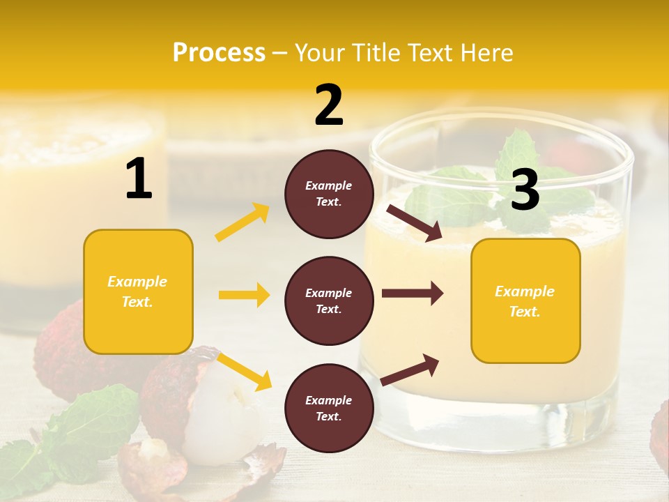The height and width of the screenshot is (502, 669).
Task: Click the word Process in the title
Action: tap(219, 52)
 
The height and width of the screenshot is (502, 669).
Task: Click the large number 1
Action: tap(139, 179)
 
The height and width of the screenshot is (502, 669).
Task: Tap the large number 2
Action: tap(329, 105)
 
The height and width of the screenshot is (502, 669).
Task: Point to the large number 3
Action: tap(525, 190)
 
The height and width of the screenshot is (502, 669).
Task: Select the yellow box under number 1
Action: tap(138, 291)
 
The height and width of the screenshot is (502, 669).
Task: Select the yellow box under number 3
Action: tap(525, 301)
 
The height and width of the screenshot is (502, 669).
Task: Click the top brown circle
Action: tap(329, 193)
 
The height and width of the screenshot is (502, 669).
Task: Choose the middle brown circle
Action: tap(329, 301)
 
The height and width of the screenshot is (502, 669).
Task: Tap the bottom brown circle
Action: tap(329, 408)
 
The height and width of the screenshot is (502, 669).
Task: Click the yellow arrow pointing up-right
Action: tap(243, 222)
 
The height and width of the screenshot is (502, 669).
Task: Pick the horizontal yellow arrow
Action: tap(244, 295)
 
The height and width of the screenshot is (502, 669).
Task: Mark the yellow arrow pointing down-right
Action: tap(244, 371)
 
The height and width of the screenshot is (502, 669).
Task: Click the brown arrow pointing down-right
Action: tap(414, 223)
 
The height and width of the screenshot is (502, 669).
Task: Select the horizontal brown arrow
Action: tap(413, 294)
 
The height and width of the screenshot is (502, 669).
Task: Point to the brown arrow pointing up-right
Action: tap(410, 370)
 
